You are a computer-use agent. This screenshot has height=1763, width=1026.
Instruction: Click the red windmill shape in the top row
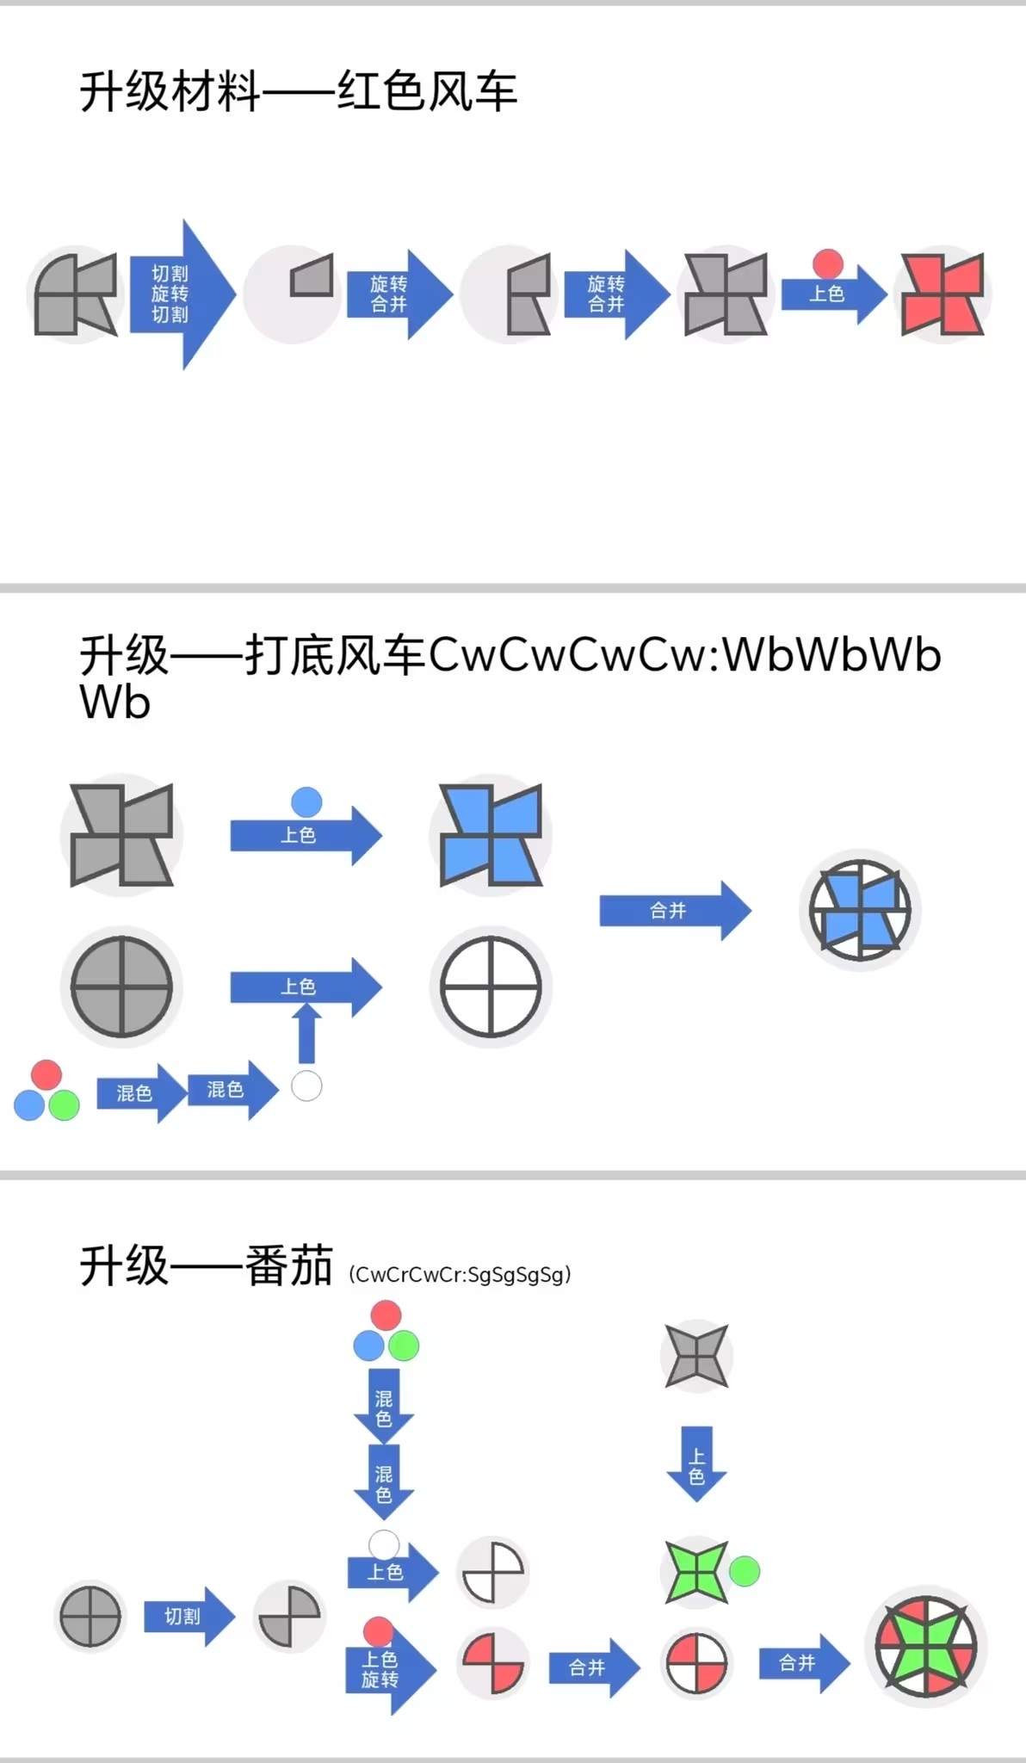point(943,294)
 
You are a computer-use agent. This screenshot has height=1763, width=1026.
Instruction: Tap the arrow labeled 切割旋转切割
point(180,294)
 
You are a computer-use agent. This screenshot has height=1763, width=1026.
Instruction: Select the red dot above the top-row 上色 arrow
point(828,263)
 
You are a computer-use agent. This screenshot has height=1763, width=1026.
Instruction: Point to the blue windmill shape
point(491,835)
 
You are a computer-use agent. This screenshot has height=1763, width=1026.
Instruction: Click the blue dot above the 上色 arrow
point(306,802)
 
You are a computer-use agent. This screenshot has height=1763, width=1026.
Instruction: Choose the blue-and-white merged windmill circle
point(860,911)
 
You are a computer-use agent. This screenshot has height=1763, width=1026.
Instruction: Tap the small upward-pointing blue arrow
point(306,1033)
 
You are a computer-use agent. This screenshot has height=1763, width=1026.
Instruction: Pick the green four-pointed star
point(696,1572)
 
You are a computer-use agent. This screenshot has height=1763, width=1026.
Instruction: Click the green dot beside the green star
point(745,1572)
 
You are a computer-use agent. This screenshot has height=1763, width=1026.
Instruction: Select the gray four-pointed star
point(696,1357)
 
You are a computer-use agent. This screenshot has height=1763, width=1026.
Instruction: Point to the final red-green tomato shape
point(926,1647)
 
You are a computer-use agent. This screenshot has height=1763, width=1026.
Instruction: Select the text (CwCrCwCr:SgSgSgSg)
point(460,1275)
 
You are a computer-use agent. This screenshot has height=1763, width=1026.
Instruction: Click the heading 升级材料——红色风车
point(298,91)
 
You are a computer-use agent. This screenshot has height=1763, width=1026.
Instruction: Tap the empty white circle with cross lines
point(491,987)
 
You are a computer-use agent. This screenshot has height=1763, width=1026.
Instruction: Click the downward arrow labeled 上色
point(696,1464)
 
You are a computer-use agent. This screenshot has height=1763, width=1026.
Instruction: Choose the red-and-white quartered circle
point(696,1662)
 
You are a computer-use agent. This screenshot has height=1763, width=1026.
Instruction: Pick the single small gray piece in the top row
point(312,275)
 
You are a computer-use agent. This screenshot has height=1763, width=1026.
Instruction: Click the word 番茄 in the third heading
point(289,1266)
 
